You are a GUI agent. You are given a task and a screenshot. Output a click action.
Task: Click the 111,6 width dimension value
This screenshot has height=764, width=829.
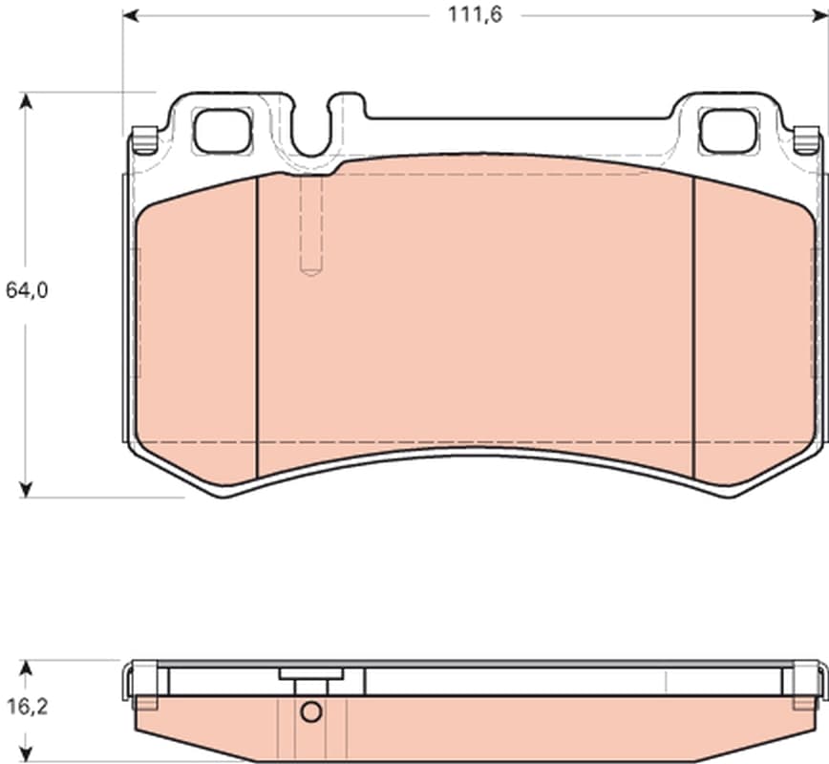click(x=475, y=15)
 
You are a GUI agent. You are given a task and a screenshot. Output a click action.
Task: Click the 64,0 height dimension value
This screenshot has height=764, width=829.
click(x=27, y=289)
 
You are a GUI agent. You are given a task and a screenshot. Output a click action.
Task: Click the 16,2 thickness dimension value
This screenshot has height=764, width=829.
click(x=27, y=706)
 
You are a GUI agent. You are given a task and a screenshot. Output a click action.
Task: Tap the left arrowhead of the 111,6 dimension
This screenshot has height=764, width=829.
click(x=131, y=16)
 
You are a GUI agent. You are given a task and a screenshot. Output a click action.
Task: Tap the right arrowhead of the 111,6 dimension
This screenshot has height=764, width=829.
click(x=820, y=16)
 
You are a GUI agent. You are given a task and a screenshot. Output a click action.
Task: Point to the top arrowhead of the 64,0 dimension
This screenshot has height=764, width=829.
click(x=26, y=100)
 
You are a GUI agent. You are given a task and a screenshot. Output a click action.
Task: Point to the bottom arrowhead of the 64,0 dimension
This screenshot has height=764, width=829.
click(x=26, y=489)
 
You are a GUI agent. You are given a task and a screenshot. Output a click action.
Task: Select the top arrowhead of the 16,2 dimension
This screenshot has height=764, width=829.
click(x=26, y=668)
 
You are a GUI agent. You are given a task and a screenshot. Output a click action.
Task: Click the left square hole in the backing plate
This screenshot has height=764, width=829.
click(x=222, y=131)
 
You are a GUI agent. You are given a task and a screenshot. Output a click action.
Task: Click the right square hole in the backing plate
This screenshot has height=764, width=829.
click(x=728, y=131)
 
